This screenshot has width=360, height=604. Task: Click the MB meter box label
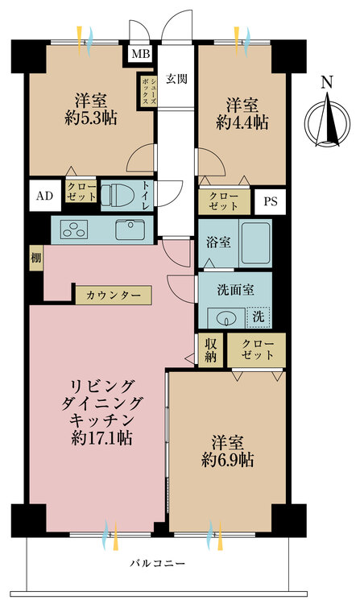(x=140, y=55)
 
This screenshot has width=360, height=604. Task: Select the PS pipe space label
(x=270, y=201)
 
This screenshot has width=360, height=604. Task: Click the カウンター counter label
(x=113, y=296)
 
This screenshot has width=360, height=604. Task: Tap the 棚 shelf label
(x=36, y=258)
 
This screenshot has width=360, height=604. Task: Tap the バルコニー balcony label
(x=158, y=563)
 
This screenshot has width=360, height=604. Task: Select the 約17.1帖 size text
(x=102, y=439)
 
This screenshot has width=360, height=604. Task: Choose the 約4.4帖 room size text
(x=242, y=123)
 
